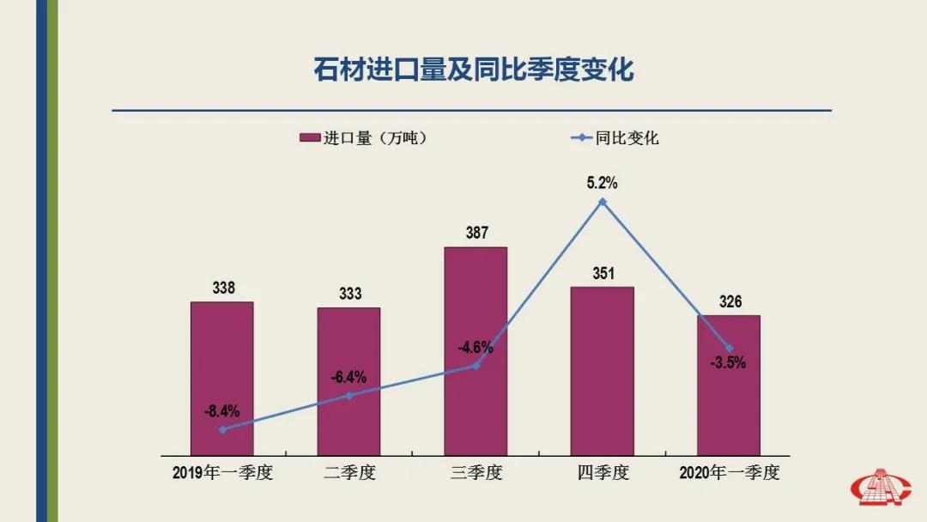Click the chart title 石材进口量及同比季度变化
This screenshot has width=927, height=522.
pos(473,70)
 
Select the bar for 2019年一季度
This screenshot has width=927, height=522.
pos(222,378)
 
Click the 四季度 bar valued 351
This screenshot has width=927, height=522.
pos(602,370)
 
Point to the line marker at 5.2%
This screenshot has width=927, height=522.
pos(603,202)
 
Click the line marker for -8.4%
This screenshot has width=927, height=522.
pos(222,429)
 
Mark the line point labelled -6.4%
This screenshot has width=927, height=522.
pos(348,396)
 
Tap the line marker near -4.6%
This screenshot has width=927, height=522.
pos(476,366)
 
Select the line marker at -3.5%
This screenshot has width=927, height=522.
pos(729,348)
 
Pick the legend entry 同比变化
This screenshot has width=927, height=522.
pos(616,138)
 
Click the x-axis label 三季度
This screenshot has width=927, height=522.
pos(476,473)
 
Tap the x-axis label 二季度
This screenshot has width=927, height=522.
pos(348,473)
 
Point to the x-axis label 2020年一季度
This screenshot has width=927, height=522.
pos(729,473)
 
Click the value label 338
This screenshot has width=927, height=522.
pos(223,288)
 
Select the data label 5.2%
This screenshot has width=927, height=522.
pos(603,183)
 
